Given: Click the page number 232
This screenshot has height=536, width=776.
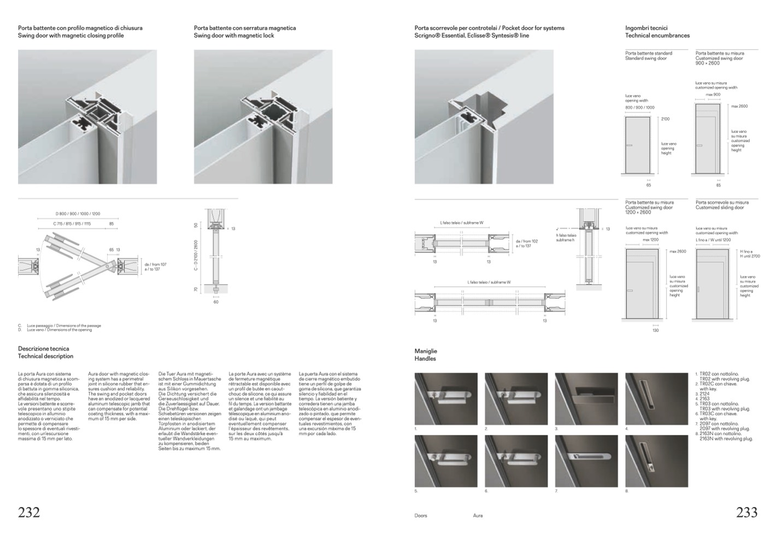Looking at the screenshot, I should pos(29,512).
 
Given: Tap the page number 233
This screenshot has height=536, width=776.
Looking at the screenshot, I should pos(746,512).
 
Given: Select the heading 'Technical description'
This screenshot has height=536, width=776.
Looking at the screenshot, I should pos(45,356).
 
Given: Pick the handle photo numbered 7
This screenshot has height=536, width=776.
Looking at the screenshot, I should pos(586,461).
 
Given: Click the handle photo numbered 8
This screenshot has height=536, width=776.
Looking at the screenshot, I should pos(656,461).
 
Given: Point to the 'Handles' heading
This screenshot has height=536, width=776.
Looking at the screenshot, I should pos(425,359).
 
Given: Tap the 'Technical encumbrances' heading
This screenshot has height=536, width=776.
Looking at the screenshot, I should pos(657,36).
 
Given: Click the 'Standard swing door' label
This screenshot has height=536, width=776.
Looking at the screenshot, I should pos(646,58).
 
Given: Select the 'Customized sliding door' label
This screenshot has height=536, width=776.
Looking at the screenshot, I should pos(719,208).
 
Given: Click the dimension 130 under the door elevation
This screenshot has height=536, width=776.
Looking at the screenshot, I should pos(656,330).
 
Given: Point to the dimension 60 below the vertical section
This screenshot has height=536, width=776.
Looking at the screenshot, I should pos(216,302).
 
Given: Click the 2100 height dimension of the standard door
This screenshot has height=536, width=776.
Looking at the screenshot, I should pos(665,119).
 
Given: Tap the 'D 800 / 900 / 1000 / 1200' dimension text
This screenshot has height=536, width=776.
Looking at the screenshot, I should pos(78,214).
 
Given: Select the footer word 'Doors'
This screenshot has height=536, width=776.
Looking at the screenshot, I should pos(421,516).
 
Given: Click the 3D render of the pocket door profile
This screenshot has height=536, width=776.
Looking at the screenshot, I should pos(484,117).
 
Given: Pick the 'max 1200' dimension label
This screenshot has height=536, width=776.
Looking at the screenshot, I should pos(650,240).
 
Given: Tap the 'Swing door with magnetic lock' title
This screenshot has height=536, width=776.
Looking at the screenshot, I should pos(234,36).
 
